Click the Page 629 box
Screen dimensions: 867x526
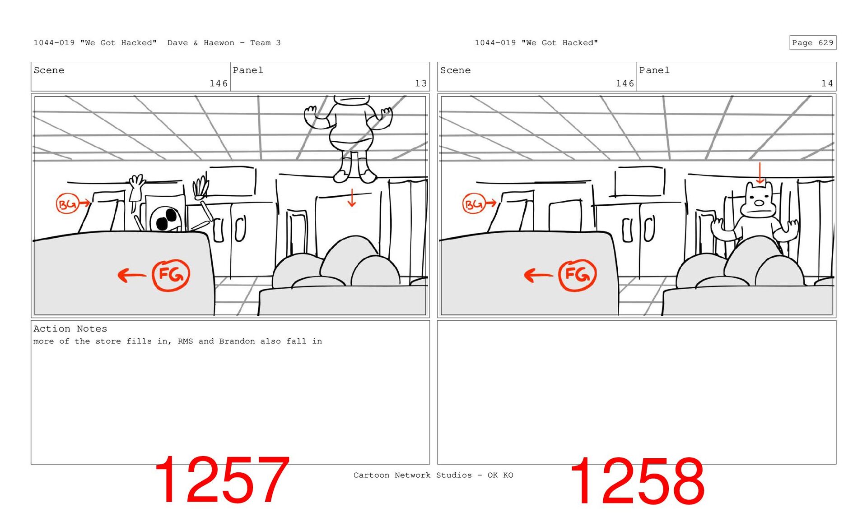tap(812, 43)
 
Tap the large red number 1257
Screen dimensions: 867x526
tap(221, 480)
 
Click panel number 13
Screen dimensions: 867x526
tap(421, 83)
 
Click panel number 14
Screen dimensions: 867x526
tap(827, 83)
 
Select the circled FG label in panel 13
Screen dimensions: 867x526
tap(171, 275)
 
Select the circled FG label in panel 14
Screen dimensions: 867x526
tap(578, 275)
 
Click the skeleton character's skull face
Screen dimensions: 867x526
tap(166, 219)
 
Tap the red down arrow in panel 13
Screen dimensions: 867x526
tap(352, 198)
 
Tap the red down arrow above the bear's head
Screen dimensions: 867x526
tap(760, 173)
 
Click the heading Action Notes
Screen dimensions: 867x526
tap(70, 329)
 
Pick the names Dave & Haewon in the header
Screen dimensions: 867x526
tap(201, 43)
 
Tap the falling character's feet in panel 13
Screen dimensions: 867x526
tap(355, 175)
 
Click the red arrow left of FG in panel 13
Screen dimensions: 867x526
tap(132, 275)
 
